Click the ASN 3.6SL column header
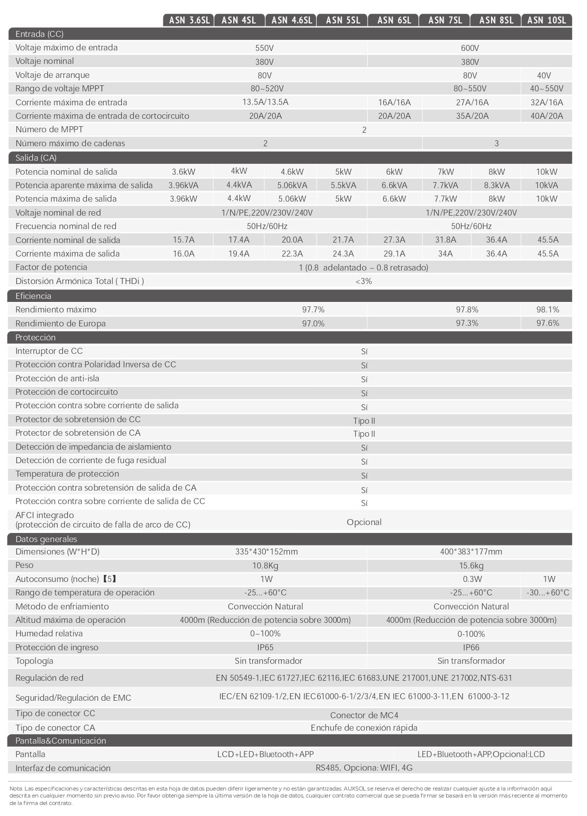(x=189, y=20)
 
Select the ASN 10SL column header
(x=547, y=20)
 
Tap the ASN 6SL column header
(x=394, y=20)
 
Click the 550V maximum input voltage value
(x=264, y=48)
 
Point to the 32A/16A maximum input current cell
(x=547, y=102)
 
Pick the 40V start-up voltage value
(x=544, y=75)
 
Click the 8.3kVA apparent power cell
(x=497, y=185)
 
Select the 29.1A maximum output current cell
(x=394, y=254)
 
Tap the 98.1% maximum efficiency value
(x=548, y=309)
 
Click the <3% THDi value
(x=364, y=281)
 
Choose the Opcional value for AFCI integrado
(x=364, y=522)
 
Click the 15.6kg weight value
(x=471, y=565)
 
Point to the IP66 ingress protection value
(x=471, y=647)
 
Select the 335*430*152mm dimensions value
(x=266, y=551)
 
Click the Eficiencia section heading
(x=33, y=296)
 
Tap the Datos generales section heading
(x=46, y=539)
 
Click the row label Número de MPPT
(x=49, y=129)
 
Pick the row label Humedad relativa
(x=49, y=633)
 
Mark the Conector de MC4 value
(x=364, y=715)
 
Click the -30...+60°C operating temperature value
(x=548, y=593)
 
